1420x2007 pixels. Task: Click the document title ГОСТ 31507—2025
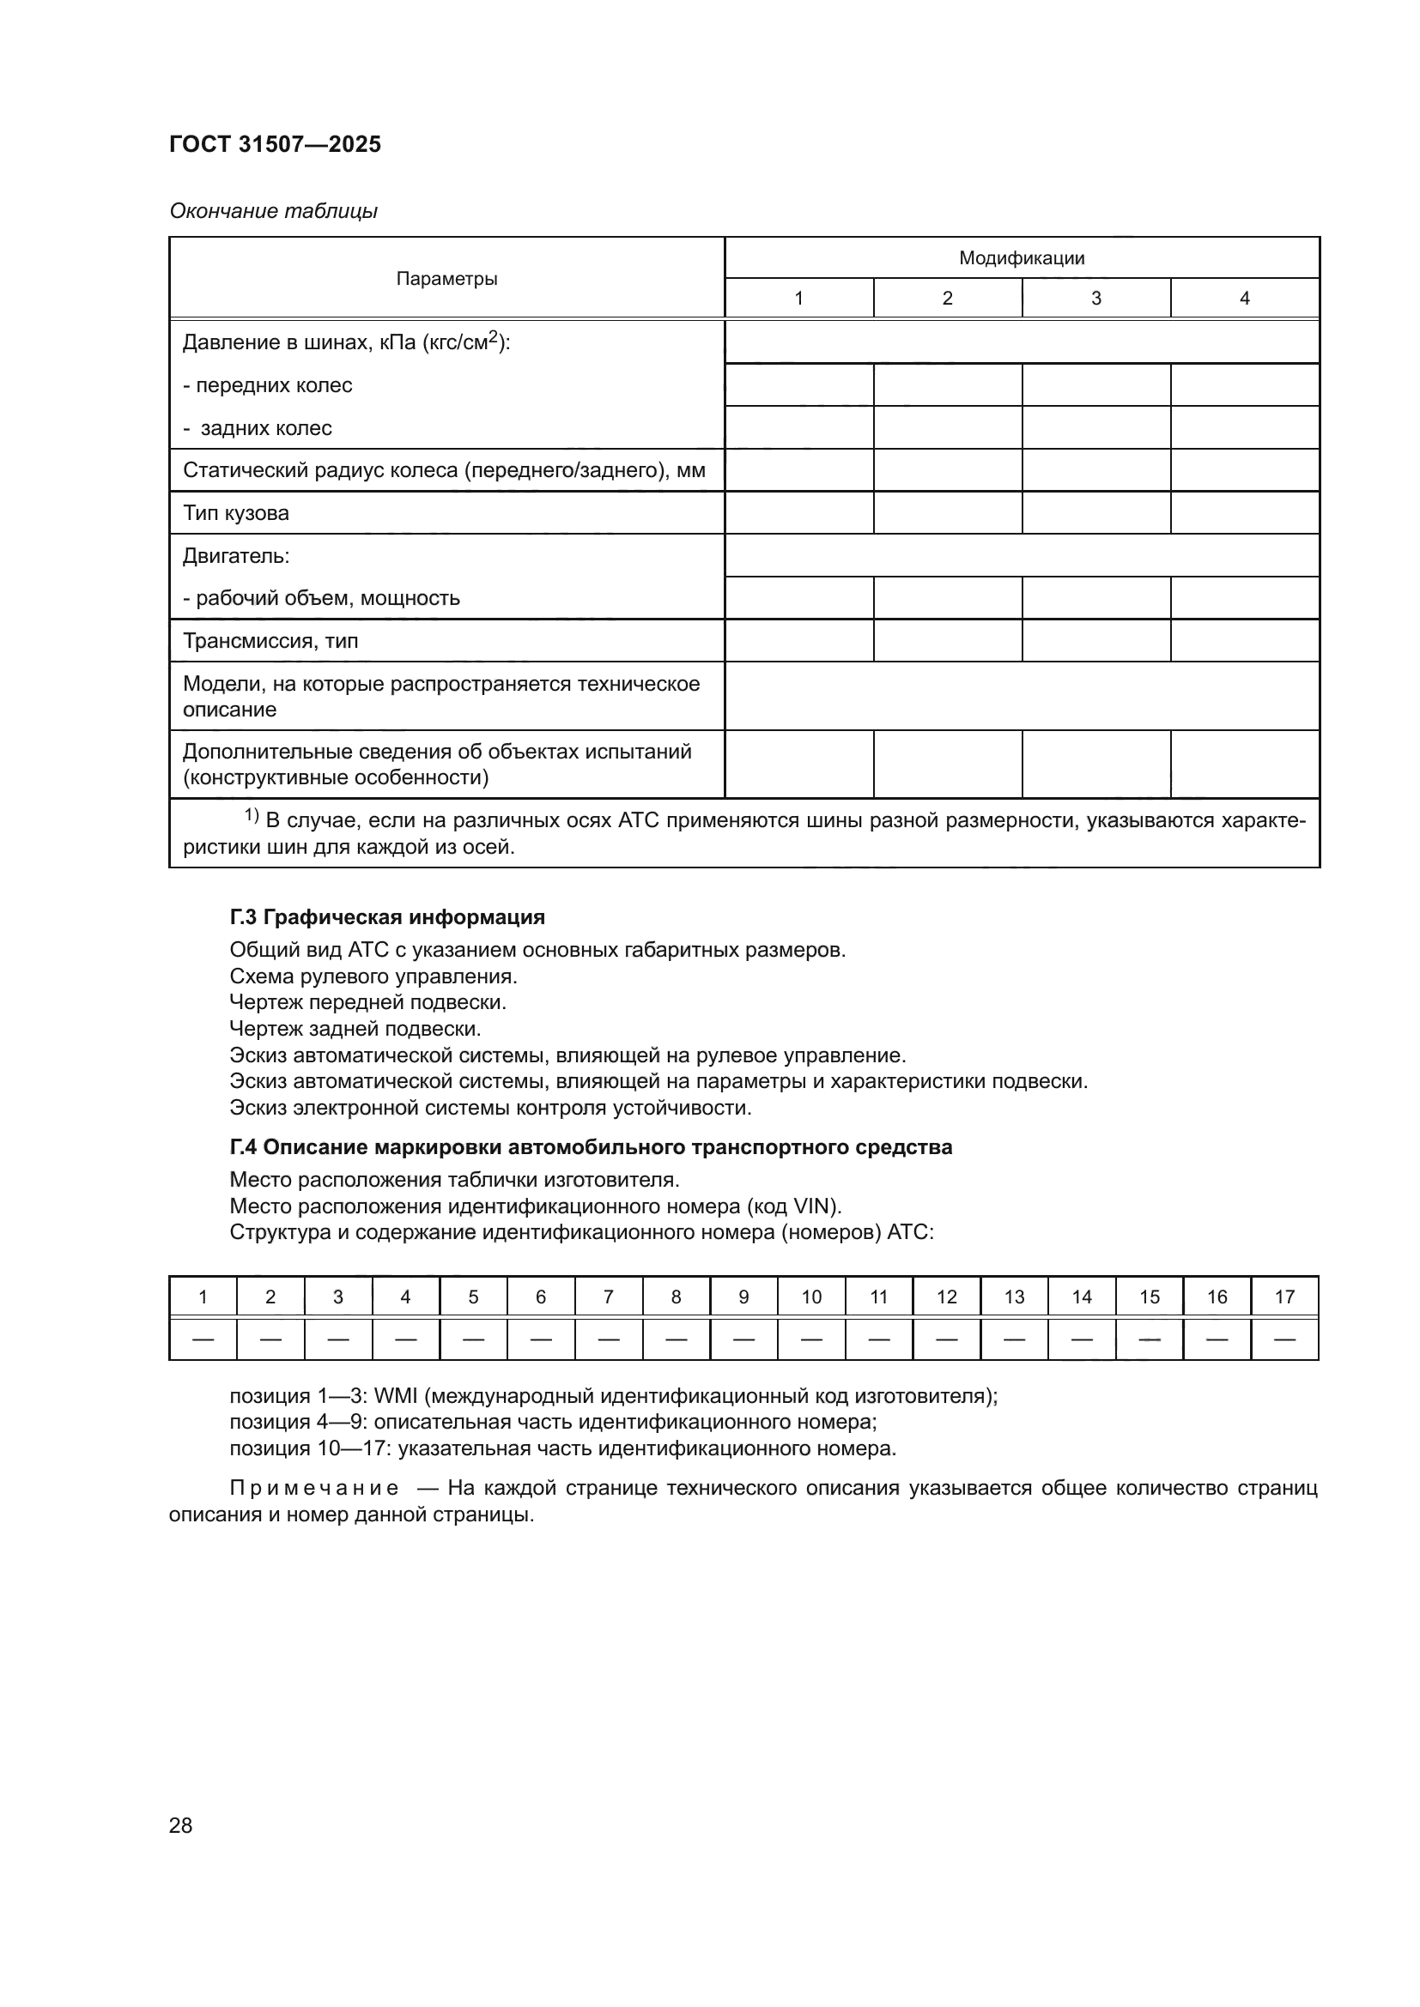pyautogui.click(x=275, y=144)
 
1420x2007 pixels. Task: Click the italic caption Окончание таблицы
pyautogui.click(x=273, y=211)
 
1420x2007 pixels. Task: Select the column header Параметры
pyautogui.click(x=446, y=279)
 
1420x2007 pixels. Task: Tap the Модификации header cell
pyautogui.click(x=1022, y=258)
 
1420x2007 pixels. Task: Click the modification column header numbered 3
pyautogui.click(x=1095, y=298)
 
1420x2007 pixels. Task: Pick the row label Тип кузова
pyautogui.click(x=236, y=513)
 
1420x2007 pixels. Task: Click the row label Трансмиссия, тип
pyautogui.click(x=270, y=641)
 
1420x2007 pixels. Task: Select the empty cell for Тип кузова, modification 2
pyautogui.click(x=947, y=513)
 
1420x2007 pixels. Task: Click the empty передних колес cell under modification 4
pyautogui.click(x=1244, y=384)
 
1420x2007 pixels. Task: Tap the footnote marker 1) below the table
pyautogui.click(x=251, y=816)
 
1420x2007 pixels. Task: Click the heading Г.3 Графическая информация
pyautogui.click(x=387, y=917)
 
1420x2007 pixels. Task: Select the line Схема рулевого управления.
pyautogui.click(x=373, y=976)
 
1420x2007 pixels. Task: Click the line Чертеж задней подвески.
pyautogui.click(x=355, y=1029)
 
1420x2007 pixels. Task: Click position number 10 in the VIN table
pyautogui.click(x=811, y=1297)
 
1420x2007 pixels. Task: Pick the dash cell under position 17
pyautogui.click(x=1284, y=1339)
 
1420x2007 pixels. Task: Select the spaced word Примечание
pyautogui.click(x=314, y=1488)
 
